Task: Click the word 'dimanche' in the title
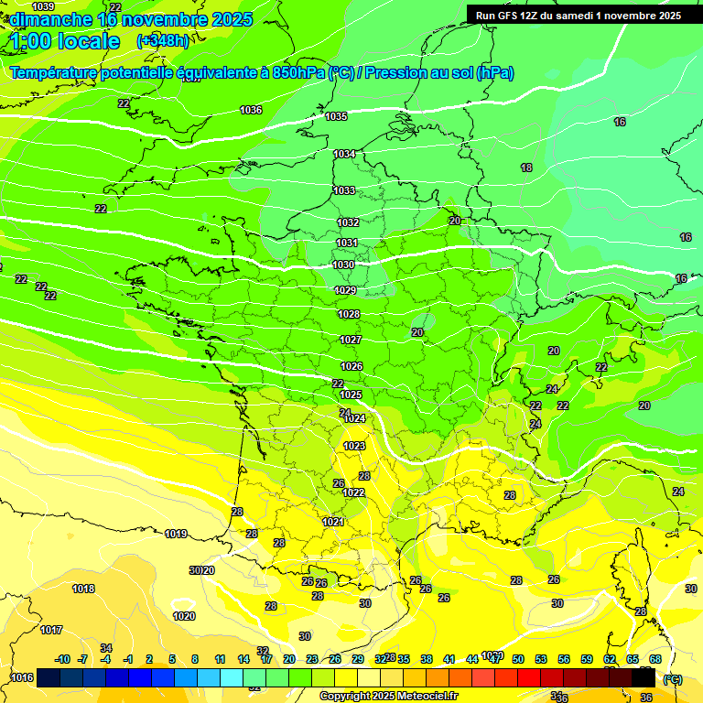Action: pyautogui.click(x=49, y=19)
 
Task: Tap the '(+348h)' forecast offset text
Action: pyautogui.click(x=163, y=41)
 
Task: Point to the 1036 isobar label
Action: pyautogui.click(x=251, y=110)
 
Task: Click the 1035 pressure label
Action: pyautogui.click(x=336, y=116)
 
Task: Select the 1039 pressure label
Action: pyautogui.click(x=43, y=7)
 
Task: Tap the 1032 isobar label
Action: pyautogui.click(x=348, y=222)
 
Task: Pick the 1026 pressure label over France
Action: pyautogui.click(x=351, y=366)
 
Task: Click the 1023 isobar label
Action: pyautogui.click(x=354, y=446)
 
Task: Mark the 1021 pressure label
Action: pyautogui.click(x=333, y=522)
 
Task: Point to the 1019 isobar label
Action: pyautogui.click(x=176, y=534)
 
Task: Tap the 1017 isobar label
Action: pyautogui.click(x=51, y=630)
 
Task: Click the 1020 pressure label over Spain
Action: pyautogui.click(x=184, y=616)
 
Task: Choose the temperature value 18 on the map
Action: pyautogui.click(x=526, y=168)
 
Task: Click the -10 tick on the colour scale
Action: pyautogui.click(x=62, y=659)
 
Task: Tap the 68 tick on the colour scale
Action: pyautogui.click(x=655, y=659)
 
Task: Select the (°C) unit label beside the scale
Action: pyautogui.click(x=673, y=678)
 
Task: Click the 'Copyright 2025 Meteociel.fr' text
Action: pyautogui.click(x=389, y=696)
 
